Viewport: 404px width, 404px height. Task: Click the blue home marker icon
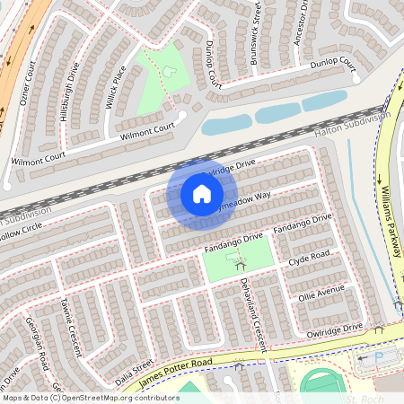pos(202,194)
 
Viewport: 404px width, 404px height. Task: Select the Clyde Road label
pos(310,259)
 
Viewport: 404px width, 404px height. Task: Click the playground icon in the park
pos(239,262)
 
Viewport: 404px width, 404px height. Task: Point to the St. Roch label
pos(365,398)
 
